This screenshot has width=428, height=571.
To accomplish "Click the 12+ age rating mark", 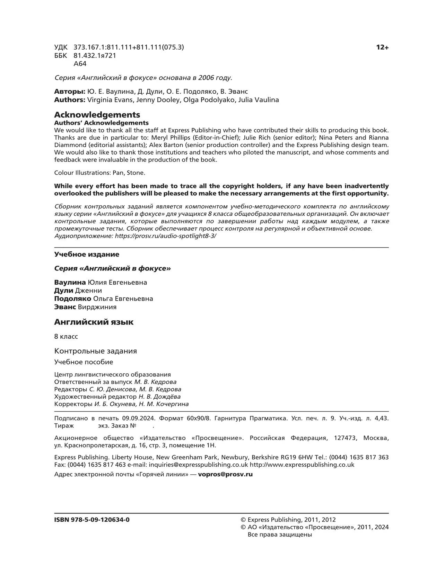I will coord(382,47).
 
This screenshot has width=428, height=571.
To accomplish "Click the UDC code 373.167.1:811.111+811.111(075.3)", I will coord(129,47).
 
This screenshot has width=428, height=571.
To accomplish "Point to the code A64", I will coord(80,64).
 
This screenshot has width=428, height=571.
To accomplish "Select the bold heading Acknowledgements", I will coord(97,115).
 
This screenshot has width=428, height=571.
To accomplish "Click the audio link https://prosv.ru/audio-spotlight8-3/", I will coord(165,236).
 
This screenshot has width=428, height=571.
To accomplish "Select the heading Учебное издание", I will coord(87,254).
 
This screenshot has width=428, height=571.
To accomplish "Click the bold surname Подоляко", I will coord(73,299).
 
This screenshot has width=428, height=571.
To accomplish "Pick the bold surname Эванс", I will coord(65,307).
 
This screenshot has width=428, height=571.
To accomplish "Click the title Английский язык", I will coord(94,322).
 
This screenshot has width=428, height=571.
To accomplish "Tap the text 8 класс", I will coord(66,337).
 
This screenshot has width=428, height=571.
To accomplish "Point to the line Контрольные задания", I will coord(95,351).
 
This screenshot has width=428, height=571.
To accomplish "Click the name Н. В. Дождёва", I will coord(159,397).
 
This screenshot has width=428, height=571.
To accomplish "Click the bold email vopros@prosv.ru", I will coord(225,475).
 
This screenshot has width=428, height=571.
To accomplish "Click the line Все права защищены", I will coord(280,535).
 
